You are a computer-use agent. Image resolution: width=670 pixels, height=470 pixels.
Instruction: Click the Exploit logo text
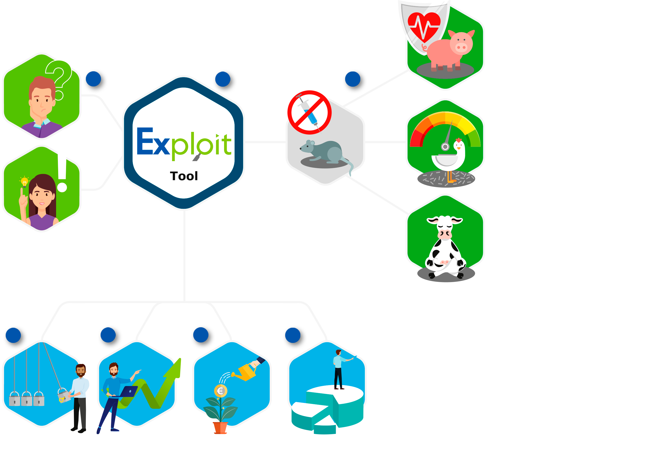[x=184, y=143]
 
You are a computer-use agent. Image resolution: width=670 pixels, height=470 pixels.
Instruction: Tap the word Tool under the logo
[x=184, y=176]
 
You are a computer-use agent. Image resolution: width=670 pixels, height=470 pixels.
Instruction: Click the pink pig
[x=451, y=50]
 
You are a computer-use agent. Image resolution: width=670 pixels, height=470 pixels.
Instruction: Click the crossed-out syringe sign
[x=309, y=112]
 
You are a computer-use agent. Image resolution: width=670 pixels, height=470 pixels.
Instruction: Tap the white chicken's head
[x=458, y=144]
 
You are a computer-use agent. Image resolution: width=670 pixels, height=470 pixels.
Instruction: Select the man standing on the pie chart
[x=339, y=369]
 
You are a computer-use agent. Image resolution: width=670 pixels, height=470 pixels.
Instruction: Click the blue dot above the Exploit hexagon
[x=223, y=79]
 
